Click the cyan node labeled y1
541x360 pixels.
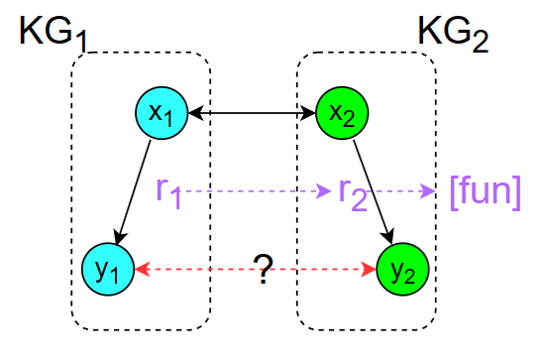pyautogui.click(x=108, y=269)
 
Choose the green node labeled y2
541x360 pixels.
pyautogui.click(x=401, y=269)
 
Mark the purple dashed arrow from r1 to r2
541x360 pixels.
pyautogui.click(x=258, y=190)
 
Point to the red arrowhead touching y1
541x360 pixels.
pyautogui.click(x=141, y=269)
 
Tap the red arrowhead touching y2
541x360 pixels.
pyautogui.click(x=370, y=269)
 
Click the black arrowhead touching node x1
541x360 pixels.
pyautogui.click(x=192, y=113)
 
